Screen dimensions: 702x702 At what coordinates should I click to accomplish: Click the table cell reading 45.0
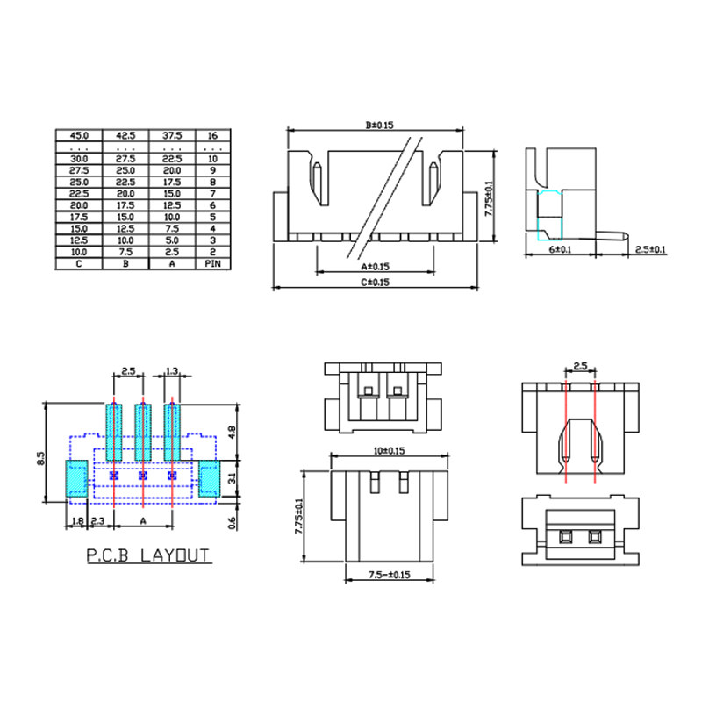tap(79, 135)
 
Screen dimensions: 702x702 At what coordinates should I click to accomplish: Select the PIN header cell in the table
tap(212, 264)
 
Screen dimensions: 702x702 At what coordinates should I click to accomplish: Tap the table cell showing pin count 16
tap(212, 135)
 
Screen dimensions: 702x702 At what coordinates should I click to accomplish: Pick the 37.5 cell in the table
tap(172, 135)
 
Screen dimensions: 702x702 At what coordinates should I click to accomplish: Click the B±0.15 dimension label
tap(379, 125)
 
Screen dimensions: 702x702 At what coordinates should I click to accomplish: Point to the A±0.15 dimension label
tap(376, 267)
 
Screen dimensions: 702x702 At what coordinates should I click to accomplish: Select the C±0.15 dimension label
tap(376, 282)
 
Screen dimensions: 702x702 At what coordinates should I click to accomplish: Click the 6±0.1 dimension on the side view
tap(560, 249)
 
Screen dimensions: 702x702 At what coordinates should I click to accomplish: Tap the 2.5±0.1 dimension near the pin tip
tap(650, 249)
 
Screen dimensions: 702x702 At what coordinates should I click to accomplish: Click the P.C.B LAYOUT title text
tap(147, 555)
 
